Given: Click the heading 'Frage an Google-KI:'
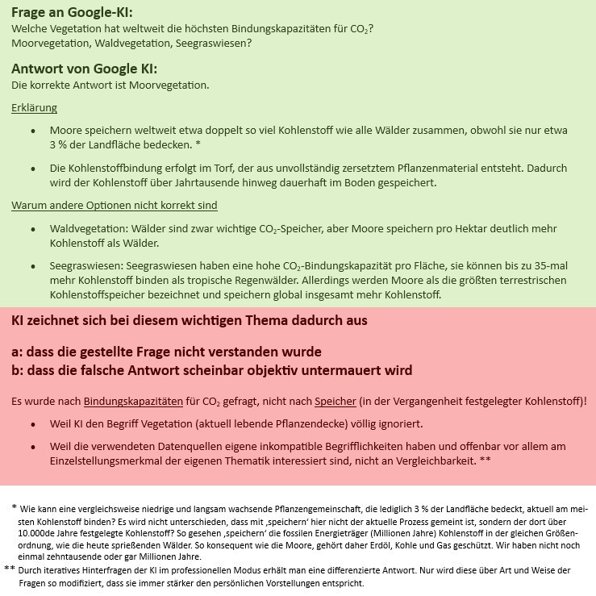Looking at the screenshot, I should click(x=72, y=12).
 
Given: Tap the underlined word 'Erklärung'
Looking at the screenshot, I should click(x=34, y=108).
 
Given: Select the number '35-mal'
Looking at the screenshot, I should click(x=549, y=266).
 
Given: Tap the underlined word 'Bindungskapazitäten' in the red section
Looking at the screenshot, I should click(x=133, y=401).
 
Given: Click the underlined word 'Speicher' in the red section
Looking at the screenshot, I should click(x=335, y=401).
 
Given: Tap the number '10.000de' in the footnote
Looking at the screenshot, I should click(x=35, y=533).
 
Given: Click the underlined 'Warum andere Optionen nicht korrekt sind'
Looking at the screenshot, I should click(x=114, y=206).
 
